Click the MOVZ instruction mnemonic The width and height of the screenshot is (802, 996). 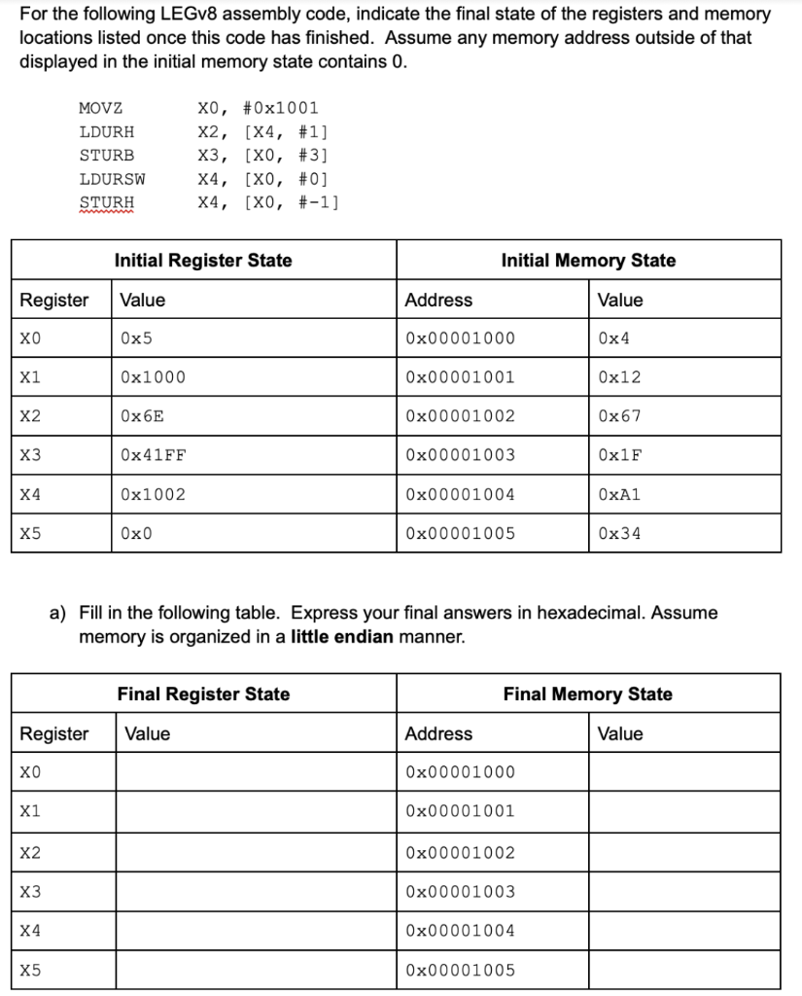coord(100,108)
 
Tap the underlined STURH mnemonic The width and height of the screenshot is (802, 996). coord(107,202)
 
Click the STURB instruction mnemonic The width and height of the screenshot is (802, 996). coord(107,156)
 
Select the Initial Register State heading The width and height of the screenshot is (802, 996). coord(203,260)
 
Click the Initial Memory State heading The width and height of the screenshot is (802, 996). coord(588,260)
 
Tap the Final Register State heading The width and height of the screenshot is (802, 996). coord(203,694)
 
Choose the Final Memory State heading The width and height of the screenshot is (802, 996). coord(588,694)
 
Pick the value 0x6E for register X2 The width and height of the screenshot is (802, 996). coord(142,416)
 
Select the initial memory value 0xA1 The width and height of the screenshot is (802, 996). coord(620,494)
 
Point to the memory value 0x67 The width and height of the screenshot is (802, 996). coord(620,416)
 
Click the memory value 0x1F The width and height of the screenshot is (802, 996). coord(620,455)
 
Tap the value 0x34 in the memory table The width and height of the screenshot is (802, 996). coord(620,533)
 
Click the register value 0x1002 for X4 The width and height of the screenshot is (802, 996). coord(153,494)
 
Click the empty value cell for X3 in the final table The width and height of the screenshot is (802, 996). coord(257,891)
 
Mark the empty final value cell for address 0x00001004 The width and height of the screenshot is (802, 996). coord(684,931)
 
